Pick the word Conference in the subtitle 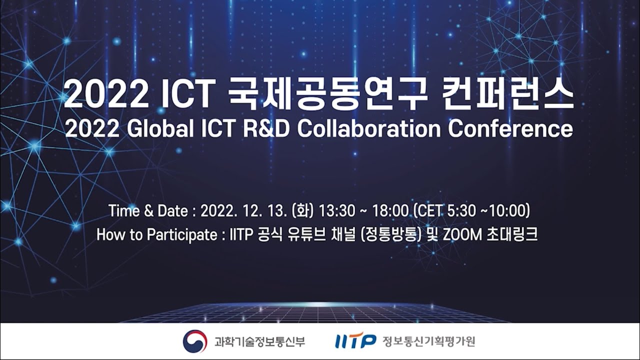coord(510,129)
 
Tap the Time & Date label coord(148,211)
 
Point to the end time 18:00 coord(390,211)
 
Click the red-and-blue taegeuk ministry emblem coord(195,341)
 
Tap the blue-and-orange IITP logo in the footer coord(355,341)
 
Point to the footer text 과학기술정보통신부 coord(259,341)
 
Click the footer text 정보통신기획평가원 coord(428,341)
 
